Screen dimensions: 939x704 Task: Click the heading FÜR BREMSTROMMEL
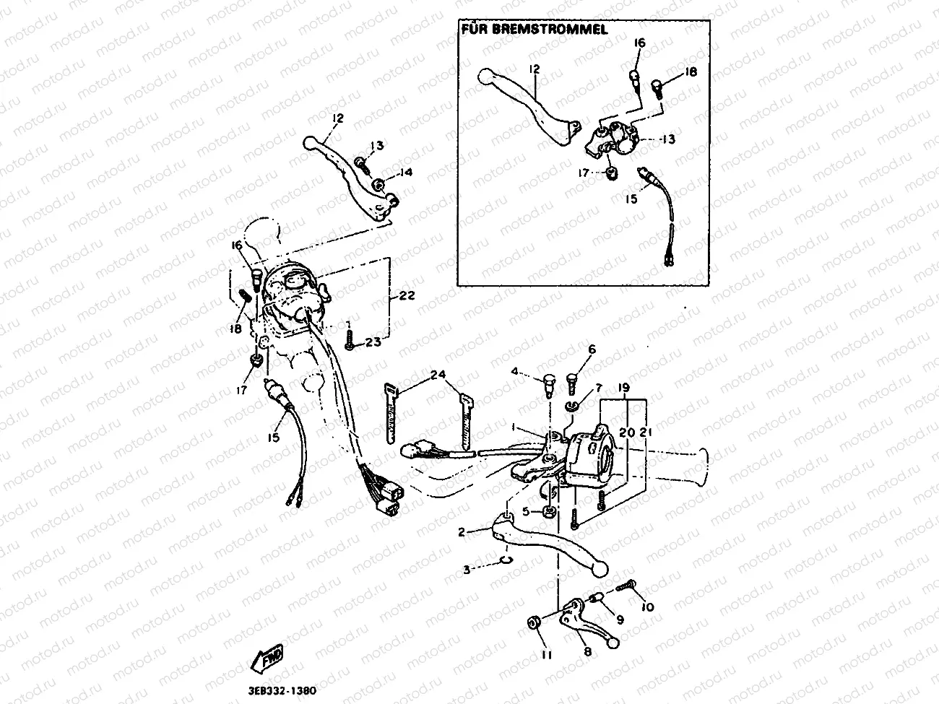533,30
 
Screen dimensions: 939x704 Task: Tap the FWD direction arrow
267,658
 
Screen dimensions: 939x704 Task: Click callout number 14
406,173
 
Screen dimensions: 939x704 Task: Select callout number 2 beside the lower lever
462,532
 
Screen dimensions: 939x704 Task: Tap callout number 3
468,570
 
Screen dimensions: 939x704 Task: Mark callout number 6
592,349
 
